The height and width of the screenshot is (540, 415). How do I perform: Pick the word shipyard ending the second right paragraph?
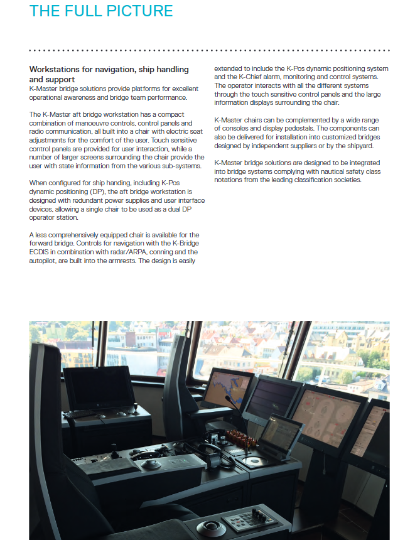(357, 146)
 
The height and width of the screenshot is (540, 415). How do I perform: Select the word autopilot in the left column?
(45, 260)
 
